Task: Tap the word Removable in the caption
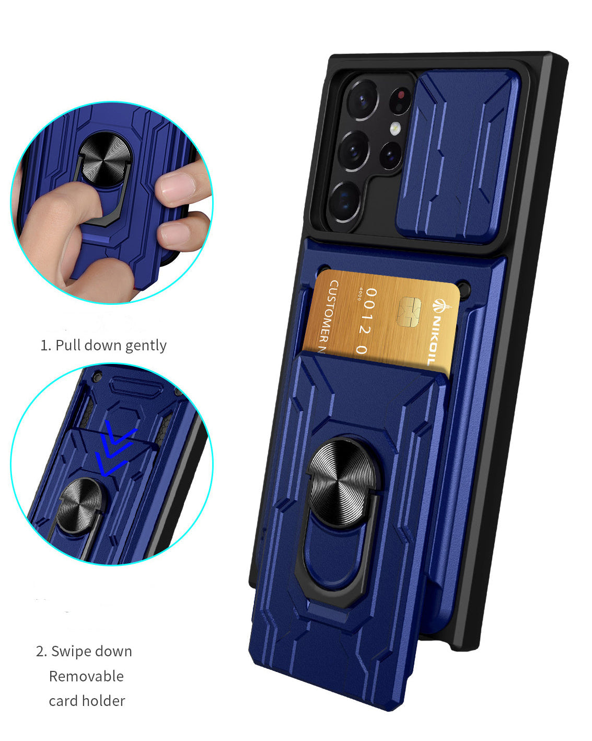tap(86, 676)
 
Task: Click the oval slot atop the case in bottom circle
tap(135, 389)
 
